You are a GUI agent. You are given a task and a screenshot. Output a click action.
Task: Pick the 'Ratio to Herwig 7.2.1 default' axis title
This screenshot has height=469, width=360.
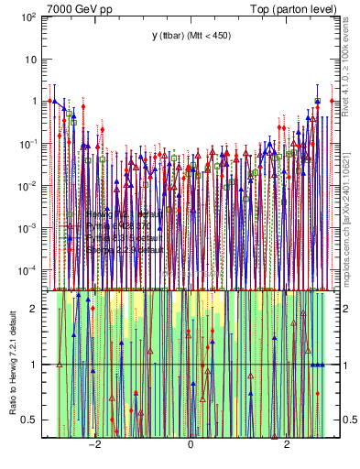pos(12,363)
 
